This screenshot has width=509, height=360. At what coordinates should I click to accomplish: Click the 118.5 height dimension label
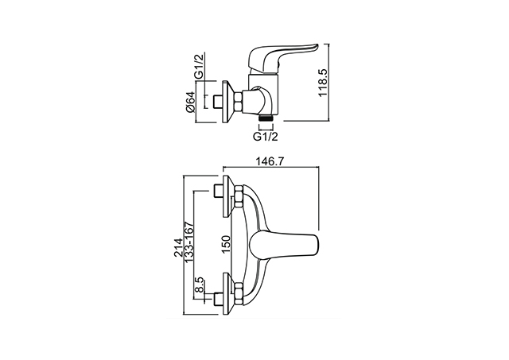(x=323, y=83)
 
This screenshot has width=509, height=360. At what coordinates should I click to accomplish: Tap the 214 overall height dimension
(x=178, y=248)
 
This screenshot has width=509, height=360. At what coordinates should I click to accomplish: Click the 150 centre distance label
(x=226, y=245)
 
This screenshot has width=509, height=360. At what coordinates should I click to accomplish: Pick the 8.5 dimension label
(x=199, y=285)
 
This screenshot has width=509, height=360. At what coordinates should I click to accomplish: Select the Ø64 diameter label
(x=191, y=103)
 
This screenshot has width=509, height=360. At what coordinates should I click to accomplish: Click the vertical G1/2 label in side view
(x=200, y=65)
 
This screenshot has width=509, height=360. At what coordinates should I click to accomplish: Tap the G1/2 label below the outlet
(x=266, y=137)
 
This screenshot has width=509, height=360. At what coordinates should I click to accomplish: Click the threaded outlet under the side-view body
(x=266, y=118)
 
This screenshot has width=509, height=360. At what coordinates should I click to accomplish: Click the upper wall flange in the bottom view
(x=228, y=196)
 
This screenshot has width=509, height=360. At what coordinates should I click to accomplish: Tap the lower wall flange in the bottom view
(x=228, y=293)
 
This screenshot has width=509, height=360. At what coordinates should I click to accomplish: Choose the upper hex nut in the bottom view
(x=239, y=197)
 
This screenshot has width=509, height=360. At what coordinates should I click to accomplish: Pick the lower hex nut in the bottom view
(x=239, y=294)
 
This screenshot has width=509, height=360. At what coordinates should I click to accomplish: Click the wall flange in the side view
(x=228, y=102)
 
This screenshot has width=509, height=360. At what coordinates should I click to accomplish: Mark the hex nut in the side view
(x=239, y=102)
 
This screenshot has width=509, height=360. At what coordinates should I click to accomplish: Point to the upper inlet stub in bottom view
(x=219, y=192)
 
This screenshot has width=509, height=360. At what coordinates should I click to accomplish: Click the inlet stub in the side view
(x=219, y=102)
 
